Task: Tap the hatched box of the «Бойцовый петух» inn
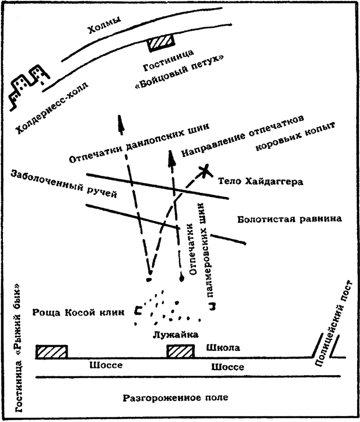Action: point(160,43)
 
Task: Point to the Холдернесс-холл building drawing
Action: point(29,84)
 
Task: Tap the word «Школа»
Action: point(222,348)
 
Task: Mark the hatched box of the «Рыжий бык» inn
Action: point(51,351)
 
